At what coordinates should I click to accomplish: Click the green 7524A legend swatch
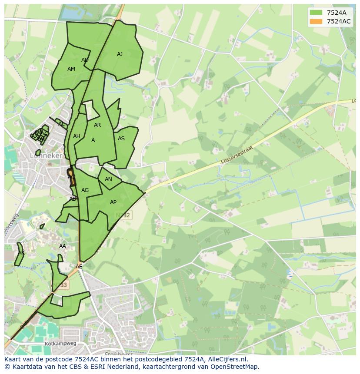coord(316,12)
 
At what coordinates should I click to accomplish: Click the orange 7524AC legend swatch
coord(316,21)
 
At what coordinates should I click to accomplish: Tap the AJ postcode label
coord(120,54)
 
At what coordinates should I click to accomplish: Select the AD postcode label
coord(85,60)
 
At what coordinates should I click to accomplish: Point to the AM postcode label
coord(71,69)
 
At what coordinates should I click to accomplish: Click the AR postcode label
coord(97,125)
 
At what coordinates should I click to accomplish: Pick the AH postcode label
coord(77,136)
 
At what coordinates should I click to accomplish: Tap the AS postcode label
coord(121,139)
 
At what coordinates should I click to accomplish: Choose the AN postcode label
coord(108,179)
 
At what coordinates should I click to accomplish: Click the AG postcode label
coord(85,190)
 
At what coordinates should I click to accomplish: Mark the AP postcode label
coord(113,202)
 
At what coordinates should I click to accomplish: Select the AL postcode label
coord(61,124)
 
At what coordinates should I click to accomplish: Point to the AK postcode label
coord(21,253)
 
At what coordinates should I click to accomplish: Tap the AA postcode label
coord(63,246)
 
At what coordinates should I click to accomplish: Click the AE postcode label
coord(79,267)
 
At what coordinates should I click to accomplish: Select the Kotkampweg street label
coord(60,344)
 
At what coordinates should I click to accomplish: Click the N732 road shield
coord(125,215)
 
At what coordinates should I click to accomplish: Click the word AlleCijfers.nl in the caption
coord(226,359)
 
